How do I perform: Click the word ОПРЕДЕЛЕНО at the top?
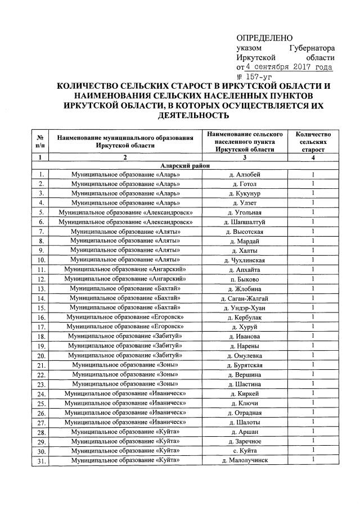[x=264, y=38]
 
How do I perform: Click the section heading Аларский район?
[x=185, y=166]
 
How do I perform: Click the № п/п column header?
[x=40, y=142]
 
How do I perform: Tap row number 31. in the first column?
[x=40, y=461]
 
